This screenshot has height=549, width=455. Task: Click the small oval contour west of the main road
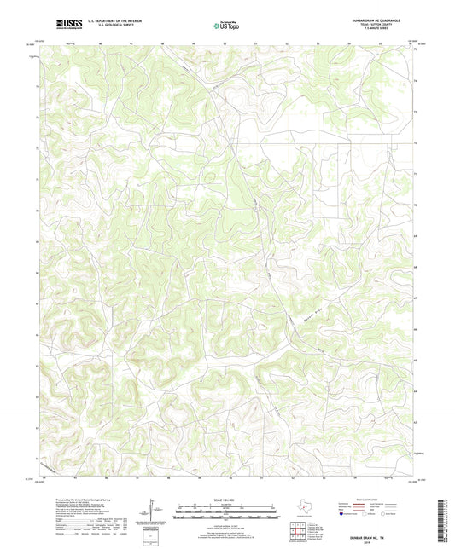[x=208, y=177]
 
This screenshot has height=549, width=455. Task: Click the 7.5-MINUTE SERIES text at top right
[x=390, y=30]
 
